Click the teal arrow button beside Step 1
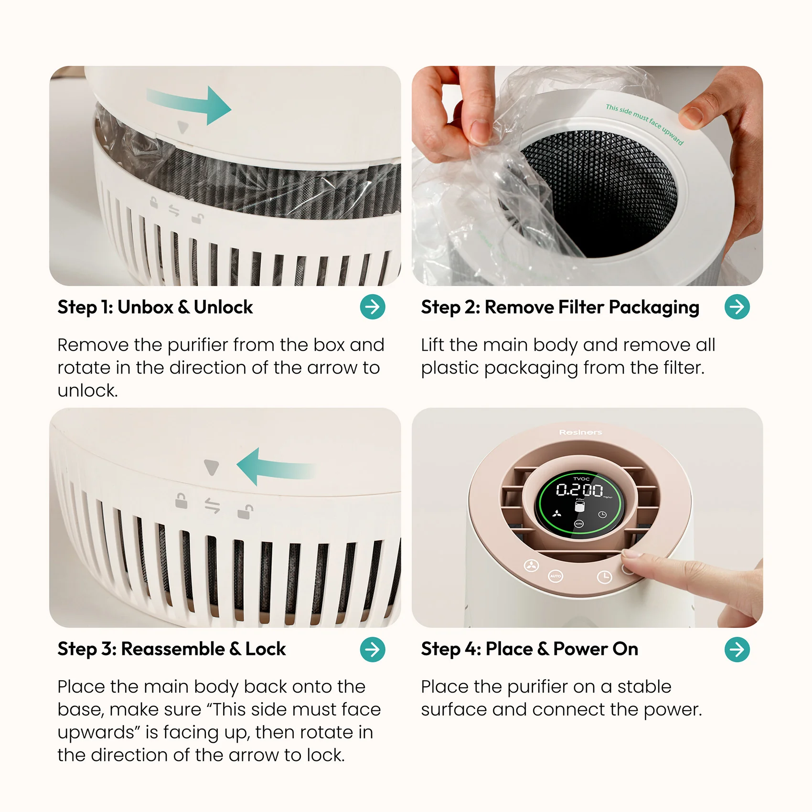pyautogui.click(x=373, y=307)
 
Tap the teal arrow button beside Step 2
pyautogui.click(x=737, y=307)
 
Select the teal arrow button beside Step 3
pyautogui.click(x=373, y=649)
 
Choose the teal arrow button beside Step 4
pyautogui.click(x=737, y=649)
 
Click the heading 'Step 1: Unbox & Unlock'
pyautogui.click(x=155, y=307)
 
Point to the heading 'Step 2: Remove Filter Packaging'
pyautogui.click(x=560, y=308)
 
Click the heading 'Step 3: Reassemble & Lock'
pyautogui.click(x=171, y=649)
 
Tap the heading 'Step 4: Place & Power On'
pyautogui.click(x=529, y=649)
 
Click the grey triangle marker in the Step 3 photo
pyautogui.click(x=211, y=467)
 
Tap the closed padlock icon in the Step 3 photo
pyautogui.click(x=181, y=501)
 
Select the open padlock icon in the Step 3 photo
pyautogui.click(x=245, y=511)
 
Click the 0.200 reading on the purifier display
pyautogui.click(x=579, y=490)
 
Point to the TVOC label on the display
pyautogui.click(x=581, y=478)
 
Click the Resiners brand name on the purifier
pyautogui.click(x=580, y=432)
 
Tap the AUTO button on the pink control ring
pyautogui.click(x=556, y=576)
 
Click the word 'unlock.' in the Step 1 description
pyautogui.click(x=87, y=391)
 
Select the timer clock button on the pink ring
pyautogui.click(x=604, y=577)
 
